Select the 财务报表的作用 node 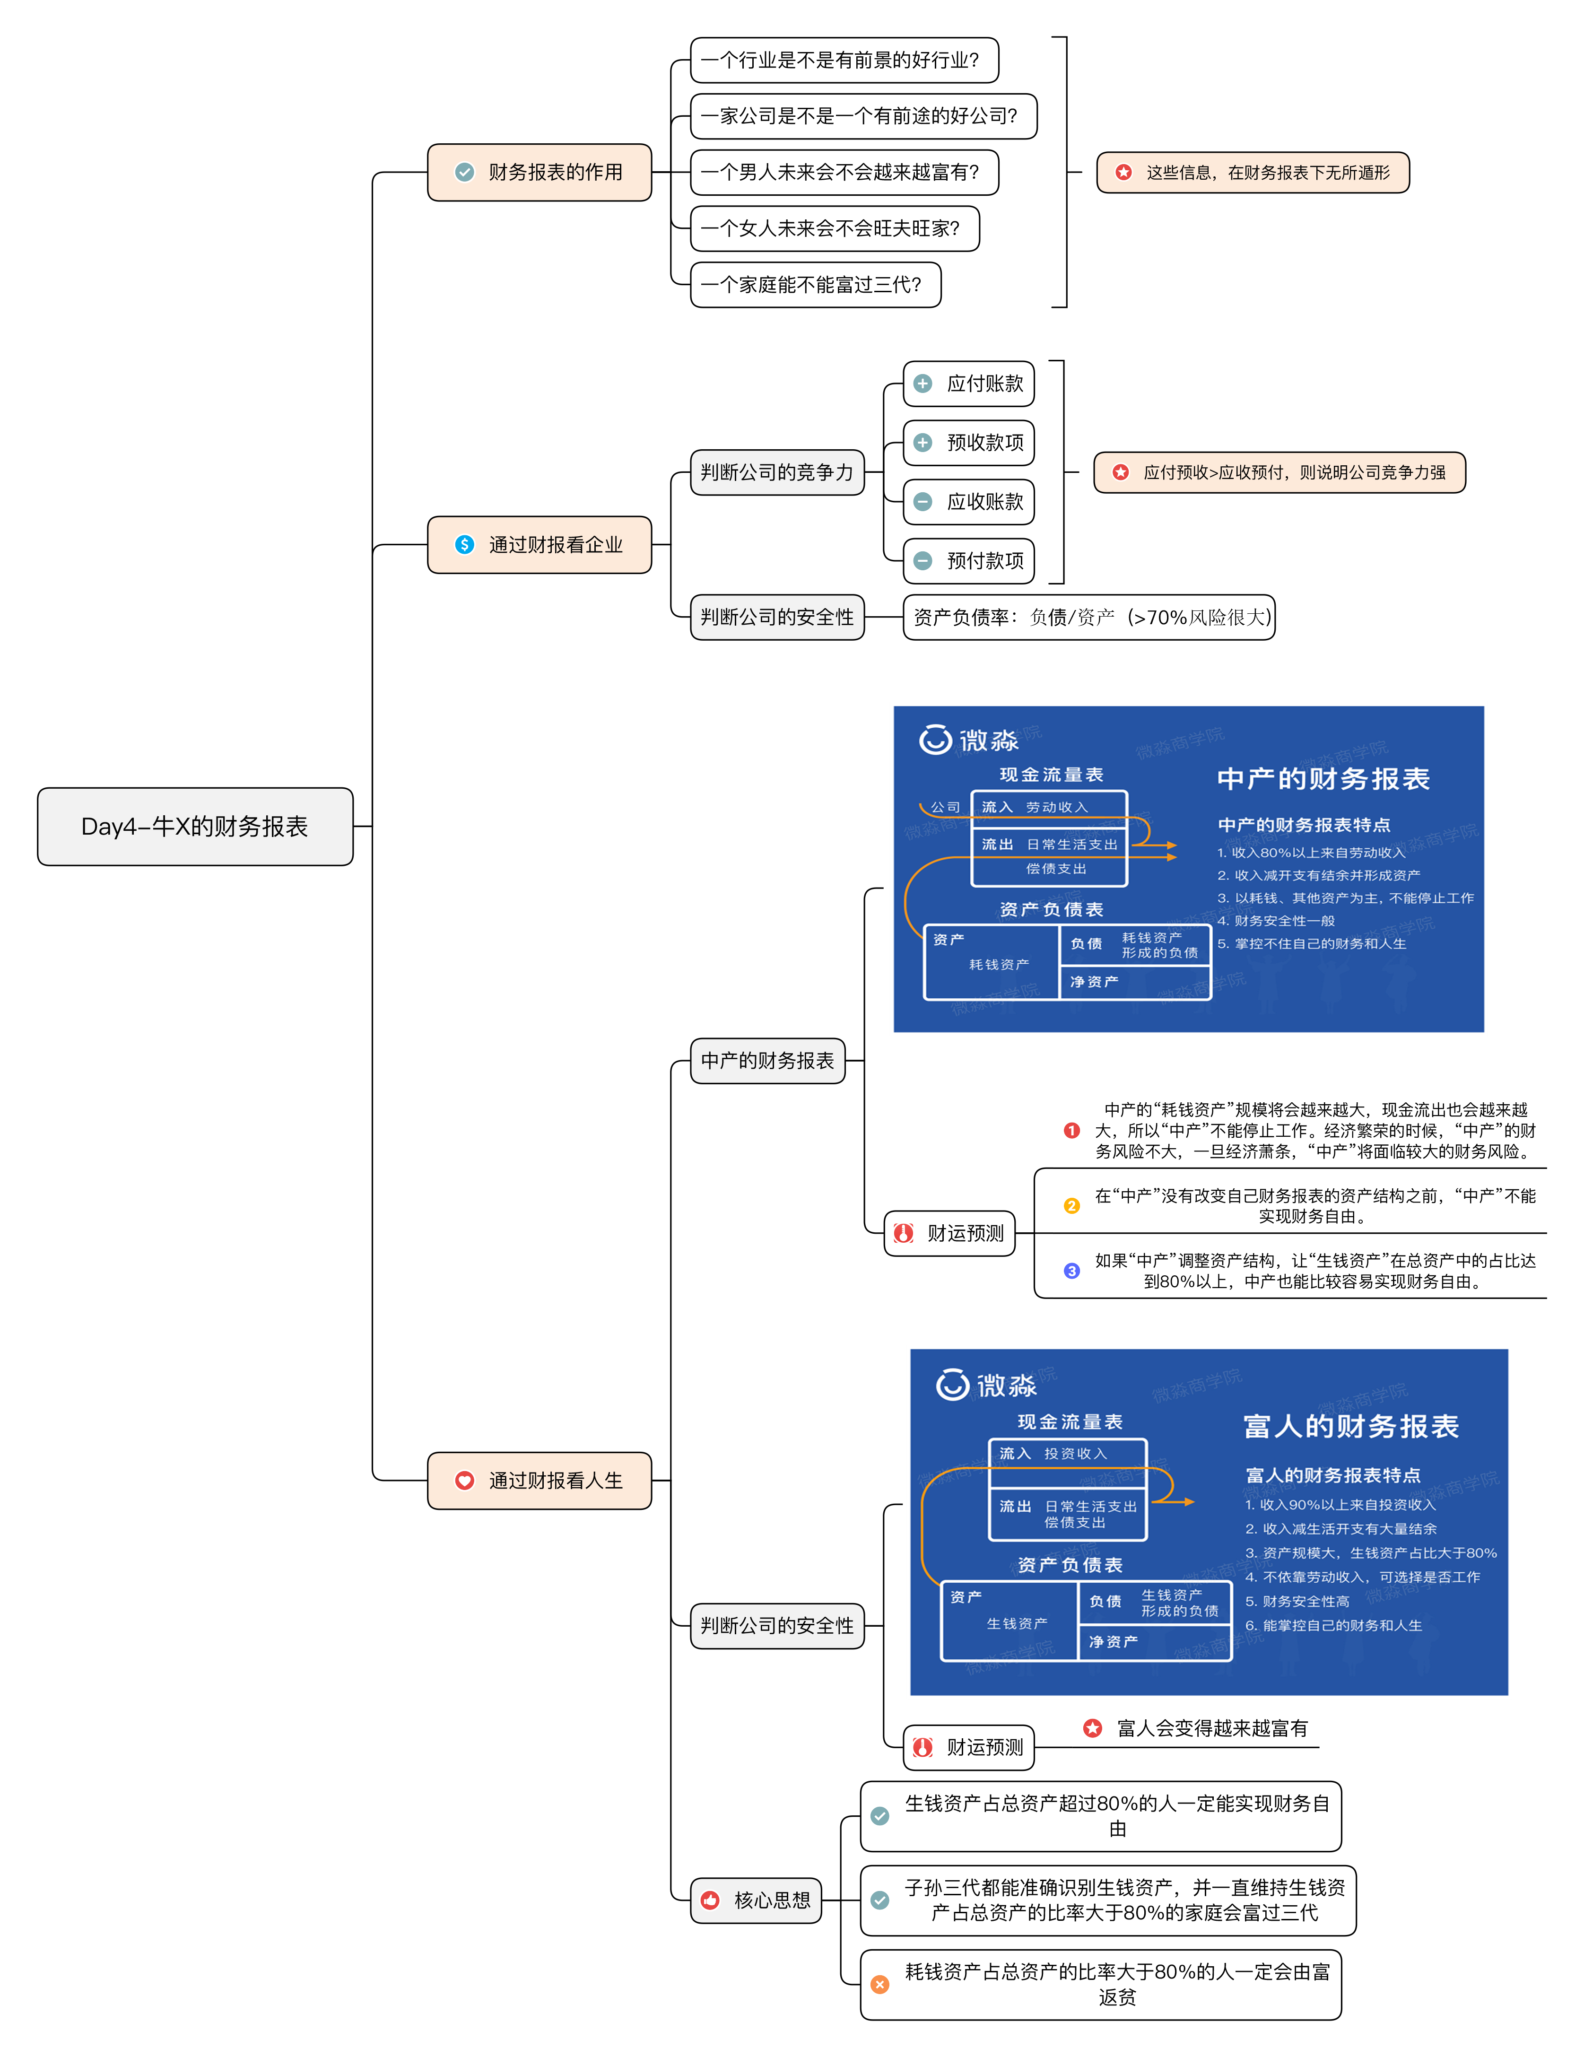[540, 172]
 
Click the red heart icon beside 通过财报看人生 [464, 1481]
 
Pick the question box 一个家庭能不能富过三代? [816, 285]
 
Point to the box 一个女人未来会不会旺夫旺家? [835, 229]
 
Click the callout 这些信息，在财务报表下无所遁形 [1253, 172]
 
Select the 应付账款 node [969, 384]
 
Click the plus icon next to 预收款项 [923, 443]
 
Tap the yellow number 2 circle [1072, 1205]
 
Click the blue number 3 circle [1072, 1271]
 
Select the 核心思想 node [756, 1900]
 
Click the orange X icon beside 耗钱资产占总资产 [879, 1985]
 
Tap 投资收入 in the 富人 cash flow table [1075, 1453]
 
